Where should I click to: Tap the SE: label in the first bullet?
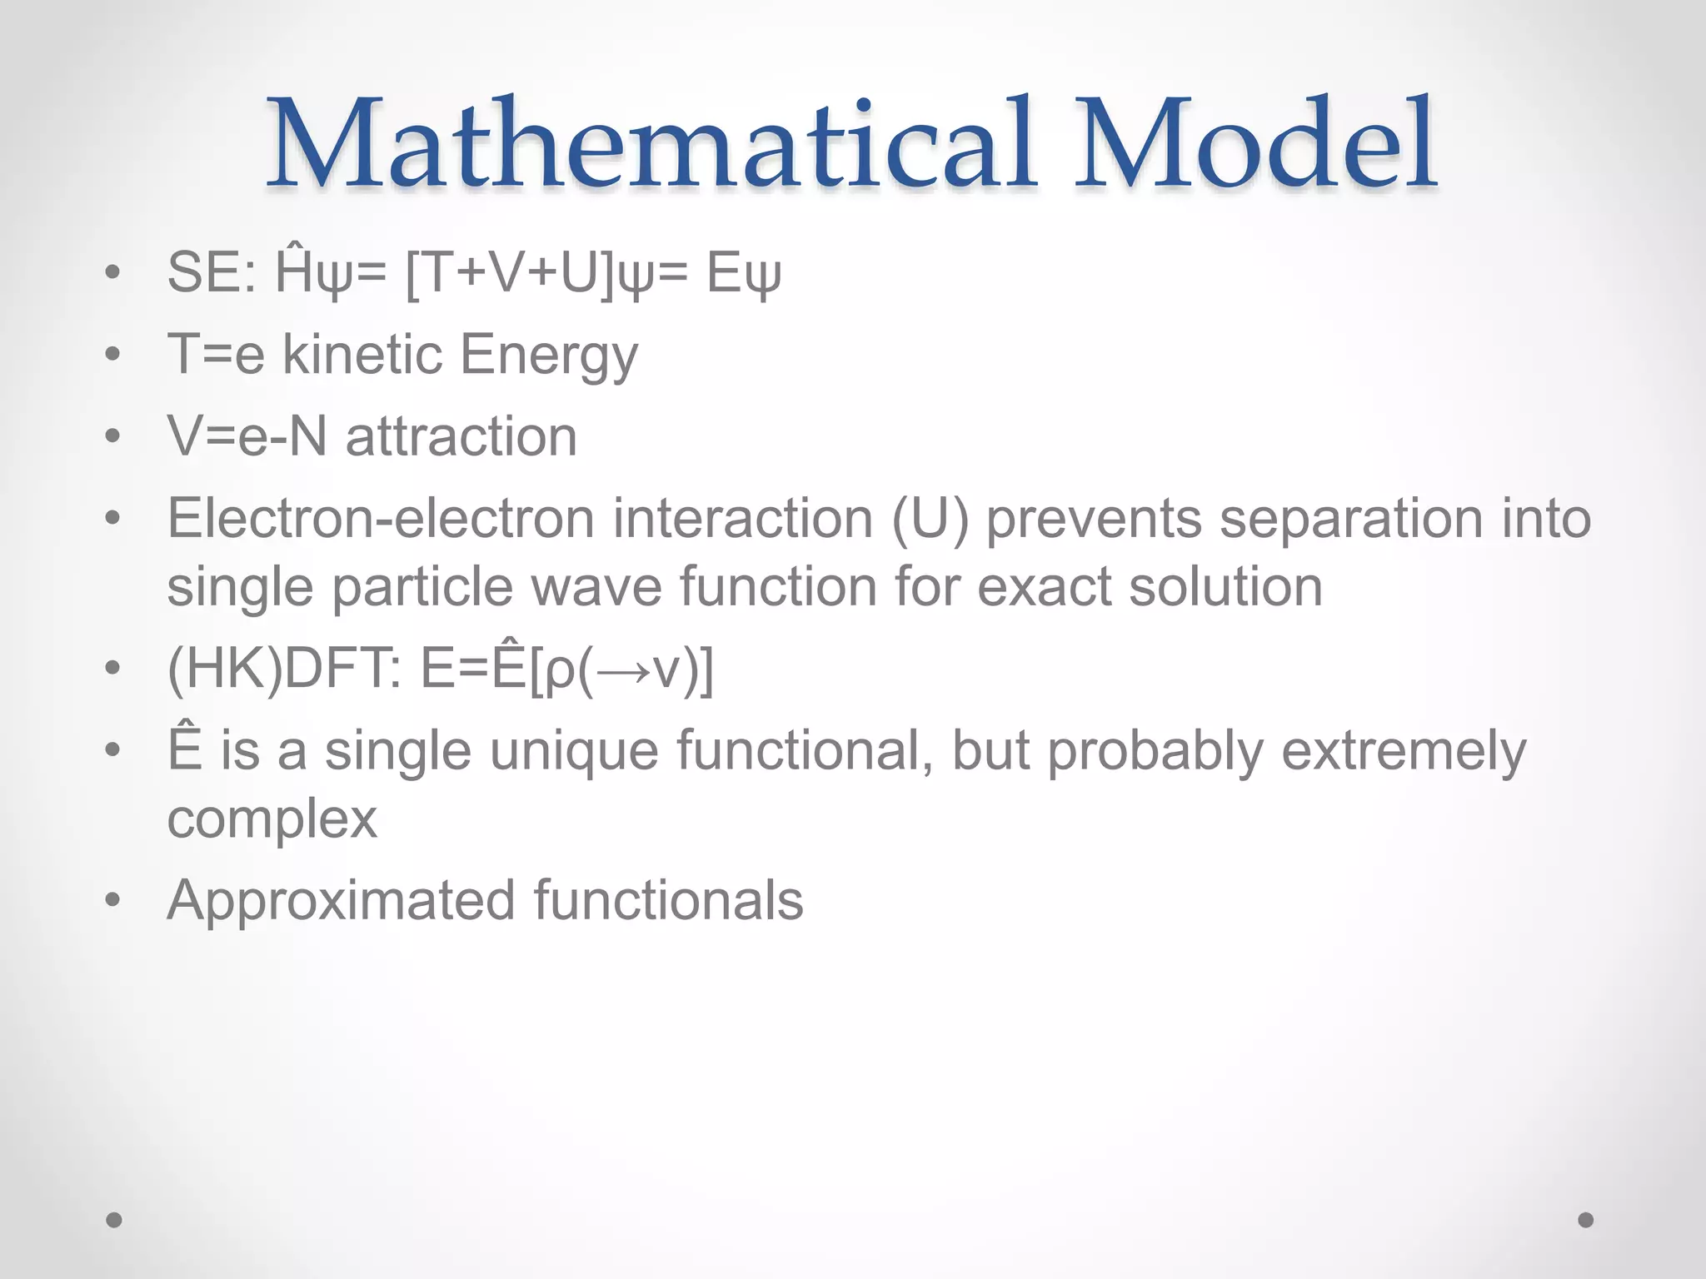pos(212,273)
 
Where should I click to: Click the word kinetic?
pos(362,355)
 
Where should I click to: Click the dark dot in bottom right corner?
pos(1585,1220)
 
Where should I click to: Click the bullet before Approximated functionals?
pos(114,900)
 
